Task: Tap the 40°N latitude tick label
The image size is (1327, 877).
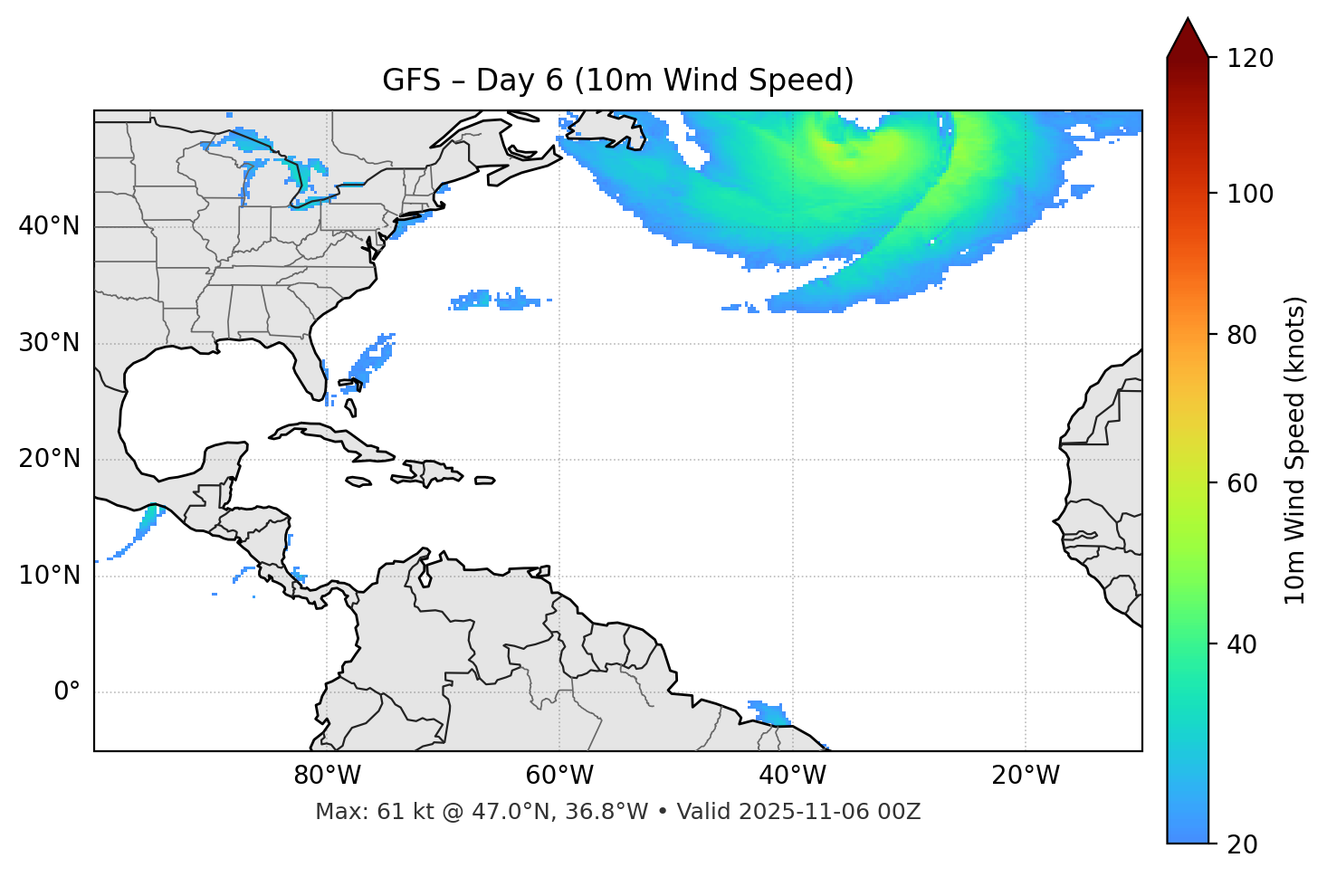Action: [x=49, y=226]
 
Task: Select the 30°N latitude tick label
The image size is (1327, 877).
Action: [x=49, y=343]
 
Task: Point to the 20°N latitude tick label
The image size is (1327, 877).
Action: [x=49, y=459]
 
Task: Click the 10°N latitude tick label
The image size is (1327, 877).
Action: [x=49, y=576]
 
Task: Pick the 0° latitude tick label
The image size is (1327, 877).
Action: [x=66, y=692]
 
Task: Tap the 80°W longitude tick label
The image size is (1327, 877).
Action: [x=327, y=776]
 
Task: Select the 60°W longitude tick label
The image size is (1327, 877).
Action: [x=559, y=776]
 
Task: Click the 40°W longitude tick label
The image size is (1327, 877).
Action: [x=792, y=776]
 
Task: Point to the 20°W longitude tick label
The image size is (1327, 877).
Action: [x=1026, y=776]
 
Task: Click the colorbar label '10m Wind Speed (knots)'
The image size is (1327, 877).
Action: [x=1295, y=450]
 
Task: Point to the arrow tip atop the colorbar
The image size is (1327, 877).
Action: [x=1188, y=20]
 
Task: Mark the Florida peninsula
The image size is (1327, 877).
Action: [x=310, y=371]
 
